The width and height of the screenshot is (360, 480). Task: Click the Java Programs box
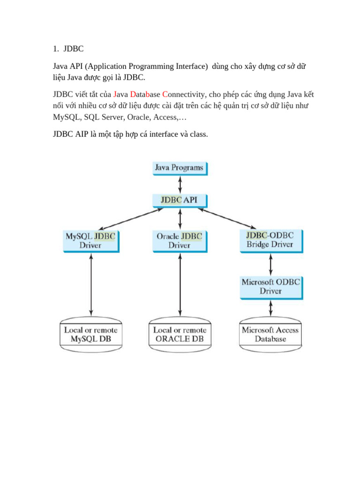click(180, 168)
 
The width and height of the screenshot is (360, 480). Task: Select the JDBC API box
click(180, 200)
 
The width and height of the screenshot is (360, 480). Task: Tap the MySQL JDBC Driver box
click(90, 241)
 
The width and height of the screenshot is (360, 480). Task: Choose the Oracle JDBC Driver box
click(180, 241)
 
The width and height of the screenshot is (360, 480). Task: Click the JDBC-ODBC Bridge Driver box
click(270, 240)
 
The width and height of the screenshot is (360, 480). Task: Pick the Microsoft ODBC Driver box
click(270, 286)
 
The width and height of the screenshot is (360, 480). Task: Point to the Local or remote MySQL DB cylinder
click(90, 334)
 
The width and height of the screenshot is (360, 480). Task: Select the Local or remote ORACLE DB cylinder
click(180, 334)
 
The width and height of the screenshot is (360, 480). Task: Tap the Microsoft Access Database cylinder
click(270, 334)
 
